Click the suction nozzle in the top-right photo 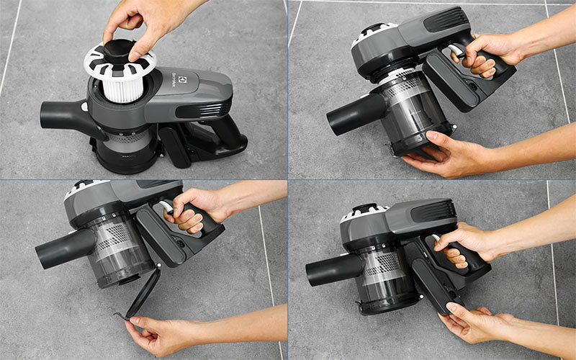[x=351, y=115]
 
